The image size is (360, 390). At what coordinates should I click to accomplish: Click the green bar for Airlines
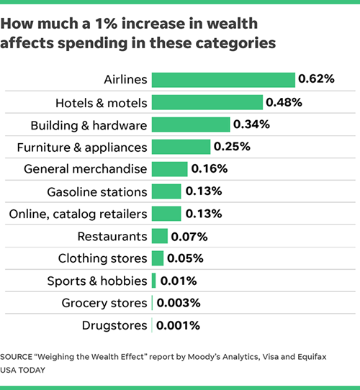[x=223, y=80]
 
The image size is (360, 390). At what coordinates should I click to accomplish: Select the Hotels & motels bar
[x=207, y=102]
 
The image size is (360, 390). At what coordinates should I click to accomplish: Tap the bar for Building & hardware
[x=191, y=124]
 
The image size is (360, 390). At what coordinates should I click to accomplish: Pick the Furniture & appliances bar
[x=181, y=147]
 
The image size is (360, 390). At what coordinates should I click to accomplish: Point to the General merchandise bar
[x=169, y=169]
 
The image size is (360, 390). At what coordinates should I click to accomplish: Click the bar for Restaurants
[x=159, y=236]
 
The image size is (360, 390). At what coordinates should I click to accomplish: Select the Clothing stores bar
[x=158, y=258]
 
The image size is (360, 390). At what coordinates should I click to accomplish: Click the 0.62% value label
[x=317, y=79]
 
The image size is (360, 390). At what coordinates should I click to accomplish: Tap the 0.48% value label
[x=284, y=102]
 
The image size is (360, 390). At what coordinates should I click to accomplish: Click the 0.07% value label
[x=189, y=236]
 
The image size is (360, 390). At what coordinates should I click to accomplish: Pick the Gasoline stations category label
[x=97, y=191]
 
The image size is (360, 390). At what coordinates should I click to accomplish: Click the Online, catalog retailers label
[x=78, y=214]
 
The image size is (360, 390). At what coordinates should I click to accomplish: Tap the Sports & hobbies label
[x=97, y=281]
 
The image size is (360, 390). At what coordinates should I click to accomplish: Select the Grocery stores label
[x=104, y=303]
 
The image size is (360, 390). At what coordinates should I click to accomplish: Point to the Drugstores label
[x=114, y=325]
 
